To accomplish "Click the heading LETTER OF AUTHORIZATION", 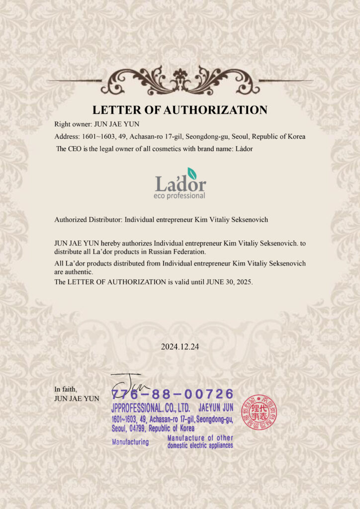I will pos(180,110).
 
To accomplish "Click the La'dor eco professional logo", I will pos(180,183).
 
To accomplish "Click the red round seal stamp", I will pos(259,412).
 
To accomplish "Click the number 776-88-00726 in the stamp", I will pos(173,394).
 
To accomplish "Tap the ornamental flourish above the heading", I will pos(180,81).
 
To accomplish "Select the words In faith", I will pos(66,389).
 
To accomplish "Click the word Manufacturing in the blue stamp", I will pos(130,442).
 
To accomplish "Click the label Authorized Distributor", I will pos(87,219).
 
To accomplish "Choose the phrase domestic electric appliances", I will pos(200,445).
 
